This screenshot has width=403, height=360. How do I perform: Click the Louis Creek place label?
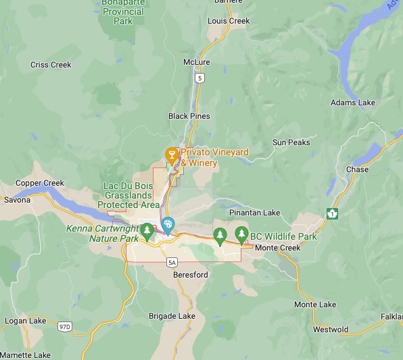click(x=229, y=21)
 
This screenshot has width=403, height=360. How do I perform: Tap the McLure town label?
click(x=197, y=62)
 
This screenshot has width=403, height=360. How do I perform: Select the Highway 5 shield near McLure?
click(x=199, y=78)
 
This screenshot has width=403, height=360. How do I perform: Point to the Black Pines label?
click(x=189, y=116)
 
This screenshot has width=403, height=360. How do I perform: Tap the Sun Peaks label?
click(x=291, y=143)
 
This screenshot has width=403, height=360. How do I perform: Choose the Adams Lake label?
click(x=352, y=103)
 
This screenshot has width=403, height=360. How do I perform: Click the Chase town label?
click(x=358, y=170)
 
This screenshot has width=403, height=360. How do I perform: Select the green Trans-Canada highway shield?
click(x=331, y=213)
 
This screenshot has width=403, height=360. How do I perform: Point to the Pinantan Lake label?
click(x=255, y=213)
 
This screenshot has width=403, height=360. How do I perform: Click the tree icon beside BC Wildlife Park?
click(x=241, y=235)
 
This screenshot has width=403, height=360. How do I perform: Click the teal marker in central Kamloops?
click(x=168, y=225)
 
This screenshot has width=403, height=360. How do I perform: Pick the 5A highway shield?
click(x=172, y=262)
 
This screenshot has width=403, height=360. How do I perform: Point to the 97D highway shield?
click(x=65, y=327)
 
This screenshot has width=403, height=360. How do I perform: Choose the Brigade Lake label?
click(x=172, y=316)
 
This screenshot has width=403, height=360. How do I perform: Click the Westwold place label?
click(x=331, y=330)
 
